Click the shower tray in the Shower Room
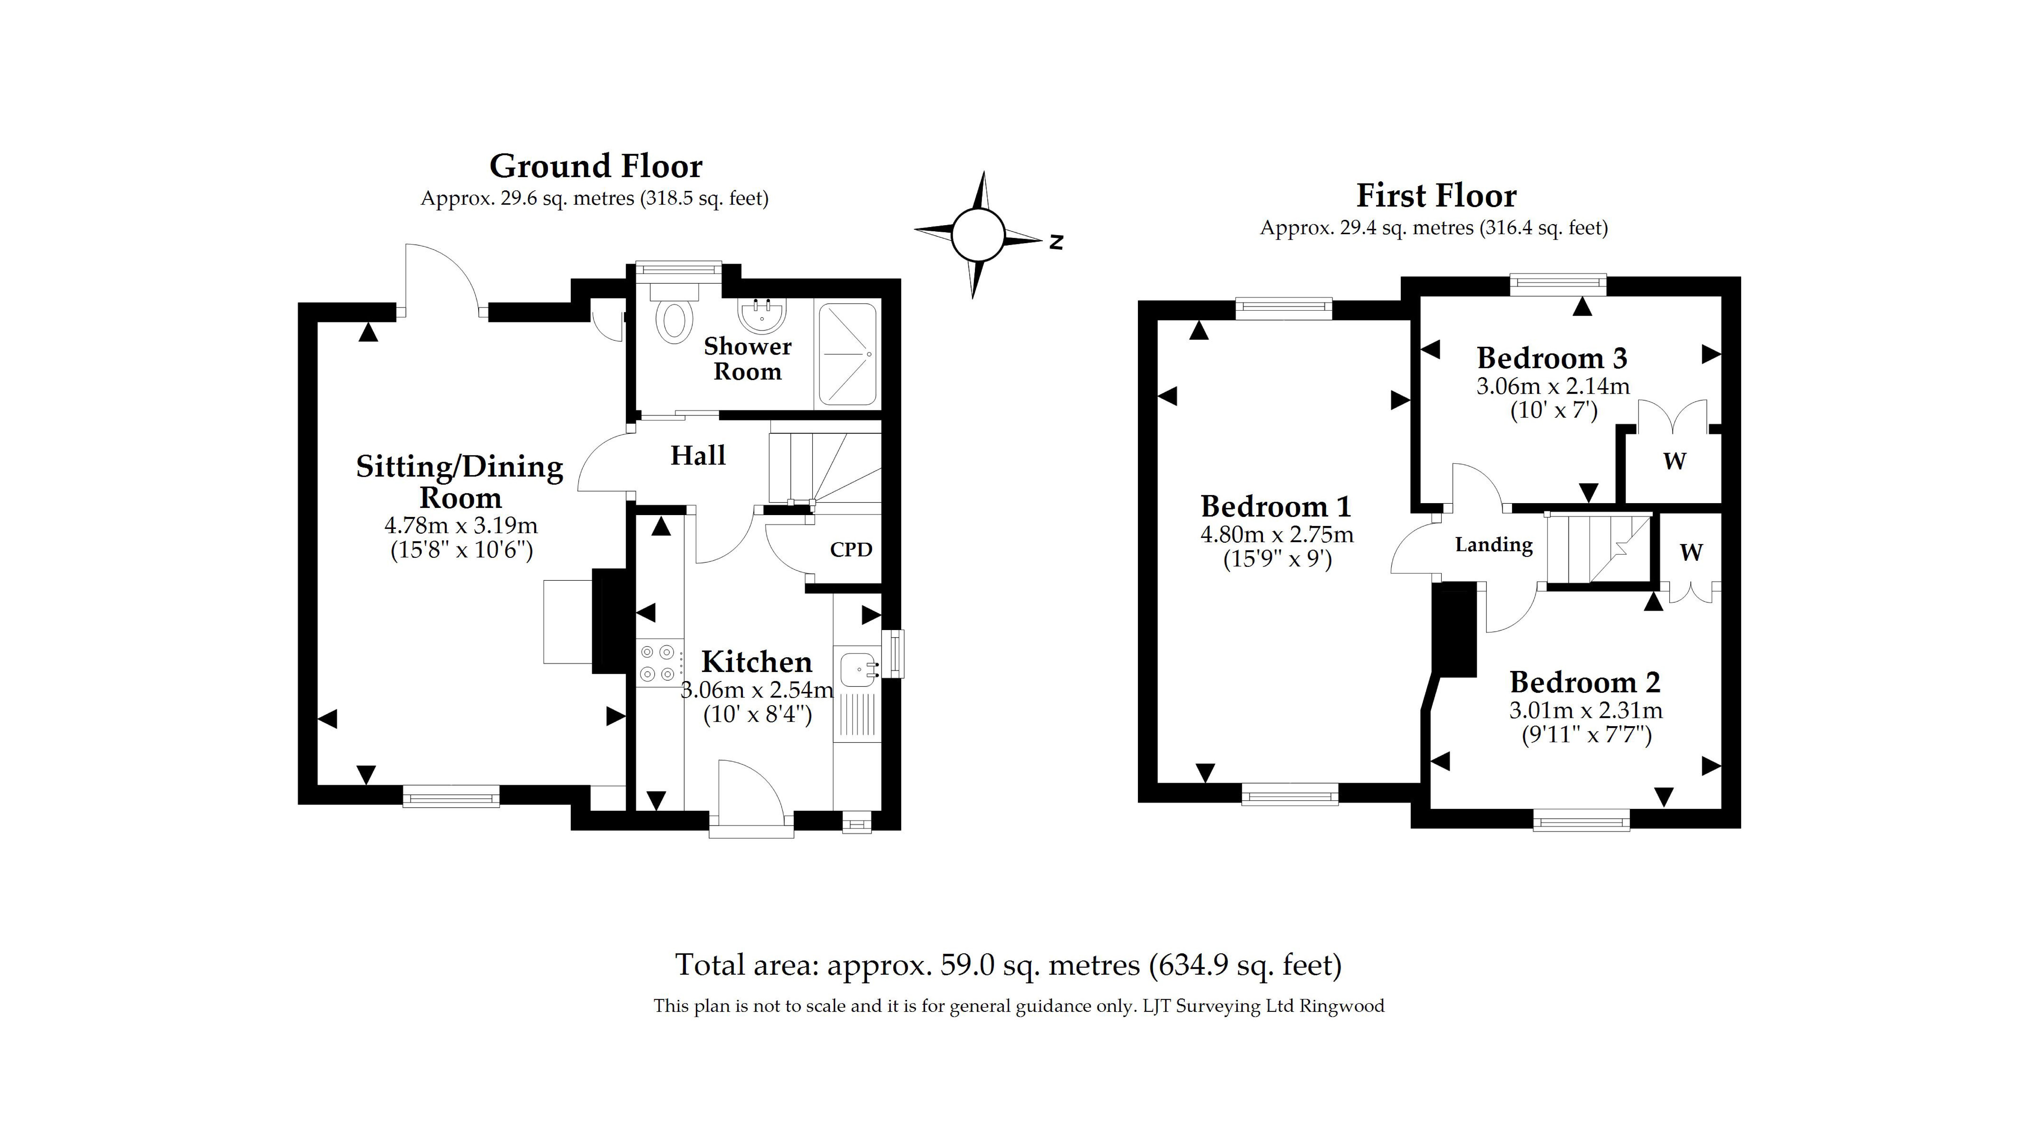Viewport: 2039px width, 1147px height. (847, 354)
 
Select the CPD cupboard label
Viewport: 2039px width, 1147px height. (851, 549)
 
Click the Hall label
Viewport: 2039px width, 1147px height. (697, 456)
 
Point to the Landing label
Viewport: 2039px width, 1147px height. (1494, 545)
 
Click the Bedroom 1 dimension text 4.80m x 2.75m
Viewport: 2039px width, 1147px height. (1277, 534)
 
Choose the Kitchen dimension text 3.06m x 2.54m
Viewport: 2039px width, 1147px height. (757, 690)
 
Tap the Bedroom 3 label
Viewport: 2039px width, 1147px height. (1551, 359)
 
